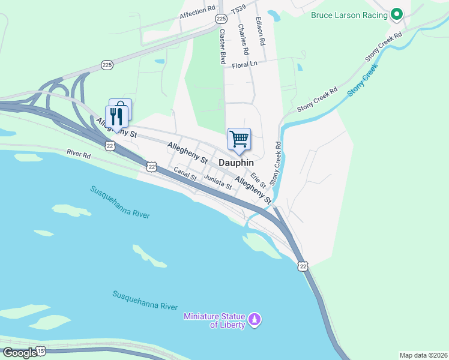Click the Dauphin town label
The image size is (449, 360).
(236, 163)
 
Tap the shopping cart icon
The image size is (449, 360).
(239, 139)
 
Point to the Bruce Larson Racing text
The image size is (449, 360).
(349, 15)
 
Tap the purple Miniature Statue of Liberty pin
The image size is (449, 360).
(255, 319)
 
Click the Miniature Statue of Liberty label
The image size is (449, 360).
(215, 320)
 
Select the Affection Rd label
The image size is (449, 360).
(197, 11)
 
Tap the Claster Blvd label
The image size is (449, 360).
(222, 47)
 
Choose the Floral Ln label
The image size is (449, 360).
(244, 64)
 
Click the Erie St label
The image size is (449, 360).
(258, 179)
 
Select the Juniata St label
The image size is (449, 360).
(217, 181)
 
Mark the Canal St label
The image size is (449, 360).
(185, 175)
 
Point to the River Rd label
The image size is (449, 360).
(79, 154)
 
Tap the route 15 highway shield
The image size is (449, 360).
(40, 350)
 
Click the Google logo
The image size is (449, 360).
(19, 352)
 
